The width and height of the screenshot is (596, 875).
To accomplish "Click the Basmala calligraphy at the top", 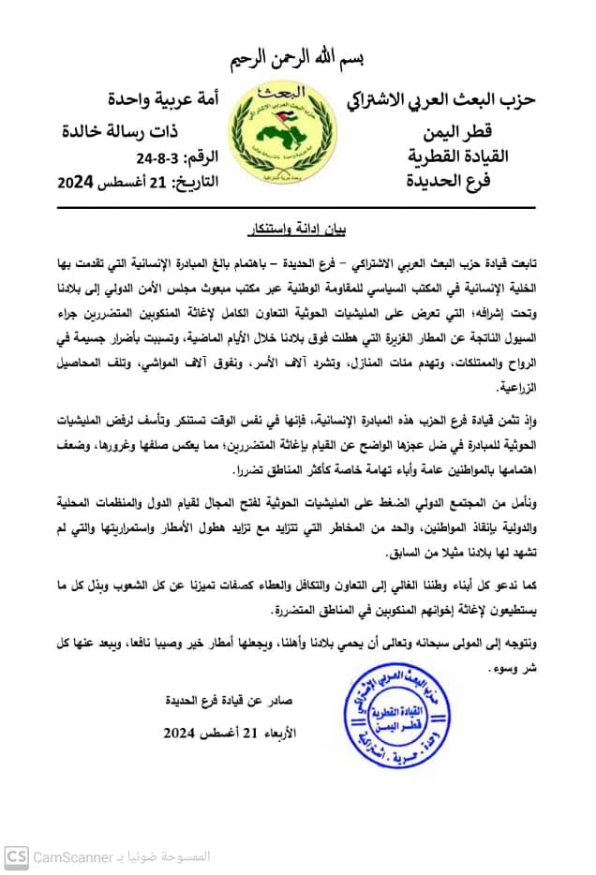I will pos(298,58).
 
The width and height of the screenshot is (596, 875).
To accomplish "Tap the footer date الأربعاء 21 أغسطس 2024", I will pos(225,732).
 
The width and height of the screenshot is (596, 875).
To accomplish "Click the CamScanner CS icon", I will pos(16,856).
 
